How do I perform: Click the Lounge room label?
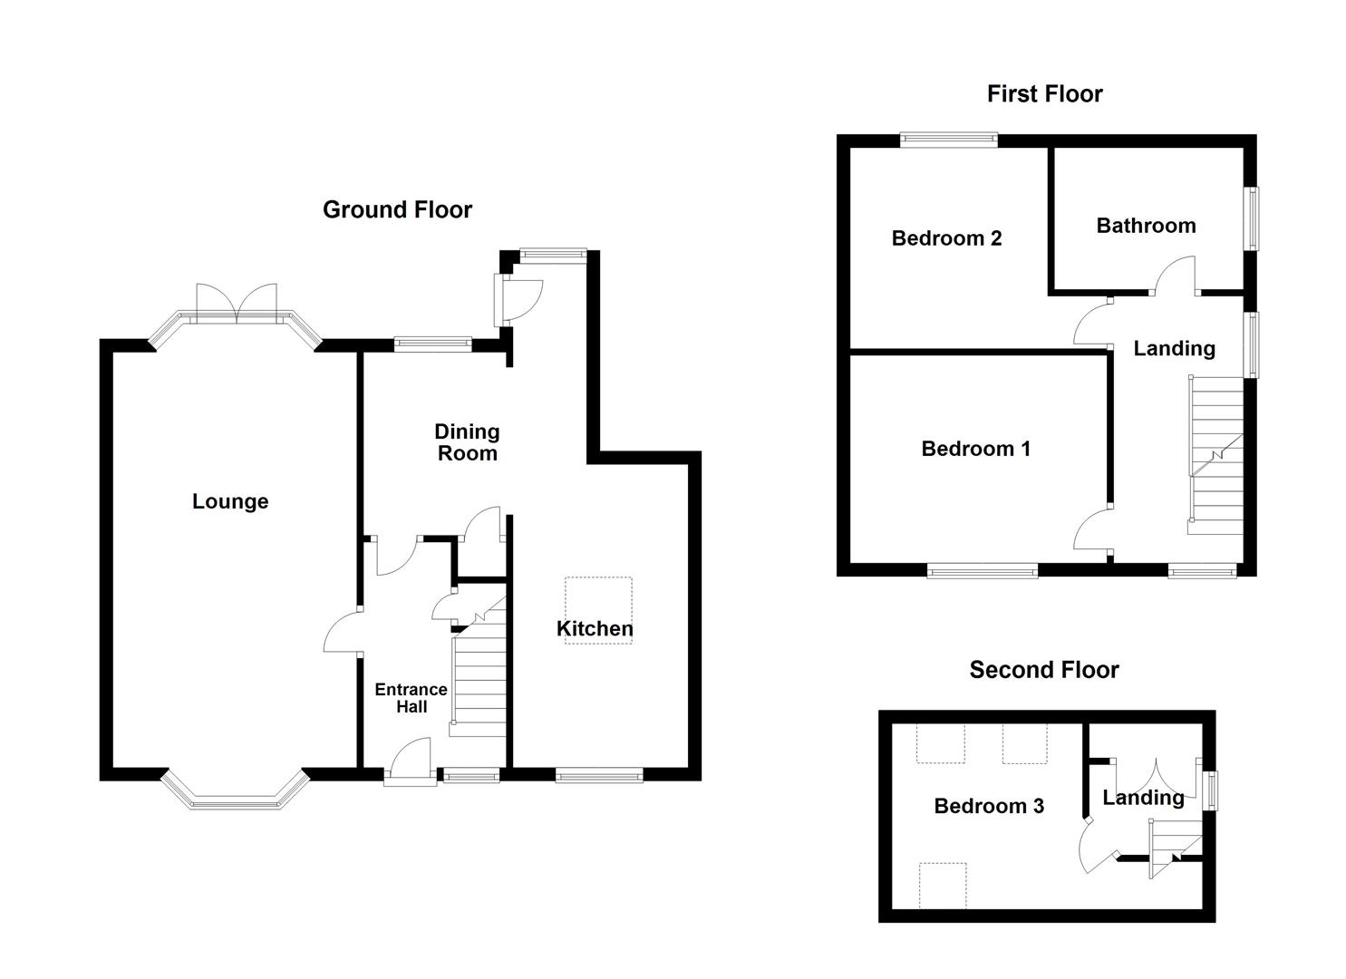click(x=230, y=501)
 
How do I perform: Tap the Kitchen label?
click(x=595, y=628)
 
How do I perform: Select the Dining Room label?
click(x=467, y=442)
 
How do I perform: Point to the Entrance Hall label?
click(x=412, y=698)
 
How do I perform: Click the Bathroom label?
click(x=1146, y=226)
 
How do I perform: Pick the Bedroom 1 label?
click(x=975, y=449)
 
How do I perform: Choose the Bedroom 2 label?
click(x=946, y=238)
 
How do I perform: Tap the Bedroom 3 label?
click(x=989, y=806)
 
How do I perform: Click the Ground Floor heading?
click(x=397, y=210)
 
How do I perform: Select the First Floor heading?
click(x=1044, y=94)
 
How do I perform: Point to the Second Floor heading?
click(x=1044, y=670)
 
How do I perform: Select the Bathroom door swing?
click(x=1176, y=276)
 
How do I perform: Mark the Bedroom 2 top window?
click(x=949, y=140)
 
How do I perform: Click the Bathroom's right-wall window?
click(x=1251, y=218)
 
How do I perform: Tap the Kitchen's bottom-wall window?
click(x=599, y=774)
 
